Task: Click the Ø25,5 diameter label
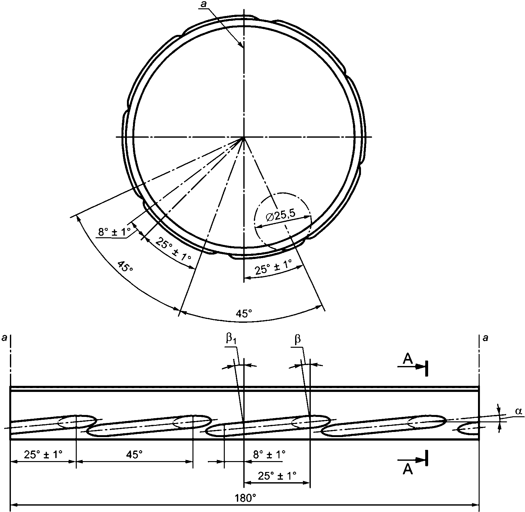281,217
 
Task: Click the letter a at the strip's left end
4,338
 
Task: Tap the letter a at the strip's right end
486,338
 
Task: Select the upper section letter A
408,360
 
